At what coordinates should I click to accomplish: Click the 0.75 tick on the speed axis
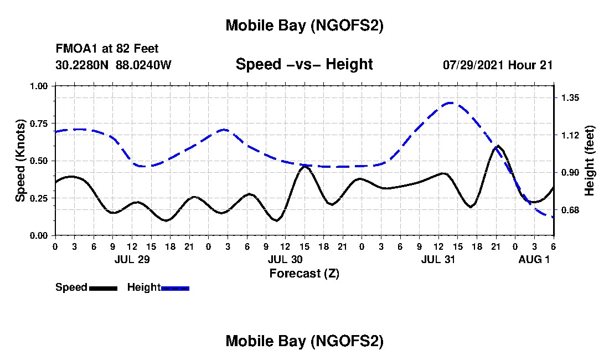click(41, 123)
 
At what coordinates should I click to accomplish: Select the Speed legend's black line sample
click(103, 288)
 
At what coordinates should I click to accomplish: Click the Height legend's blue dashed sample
click(175, 288)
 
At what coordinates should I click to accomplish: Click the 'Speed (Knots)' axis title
click(20, 161)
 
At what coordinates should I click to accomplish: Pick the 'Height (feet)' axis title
click(589, 161)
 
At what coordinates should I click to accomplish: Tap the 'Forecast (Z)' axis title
click(304, 274)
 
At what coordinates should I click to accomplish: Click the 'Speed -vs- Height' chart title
click(304, 64)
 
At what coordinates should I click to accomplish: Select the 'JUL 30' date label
click(285, 259)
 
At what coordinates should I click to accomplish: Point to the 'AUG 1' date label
click(534, 259)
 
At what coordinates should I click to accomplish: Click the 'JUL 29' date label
click(132, 259)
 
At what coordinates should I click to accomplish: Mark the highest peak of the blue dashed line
click(451, 102)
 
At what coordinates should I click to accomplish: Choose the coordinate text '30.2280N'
click(82, 65)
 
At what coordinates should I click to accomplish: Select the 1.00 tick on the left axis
click(41, 86)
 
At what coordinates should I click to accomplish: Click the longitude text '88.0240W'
click(144, 65)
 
